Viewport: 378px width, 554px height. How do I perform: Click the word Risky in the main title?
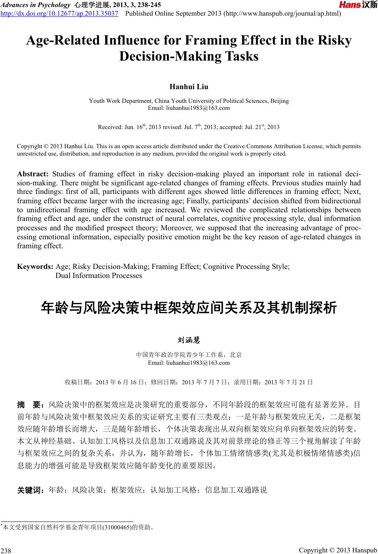[x=336, y=41]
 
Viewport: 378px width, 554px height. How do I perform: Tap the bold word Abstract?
[x=32, y=174]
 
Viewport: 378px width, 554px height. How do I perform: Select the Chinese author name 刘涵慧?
[x=189, y=340]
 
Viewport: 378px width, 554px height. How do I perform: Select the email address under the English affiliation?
[x=189, y=108]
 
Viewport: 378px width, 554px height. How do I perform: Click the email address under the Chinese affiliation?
[x=189, y=362]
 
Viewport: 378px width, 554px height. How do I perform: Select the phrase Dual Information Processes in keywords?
[x=99, y=276]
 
